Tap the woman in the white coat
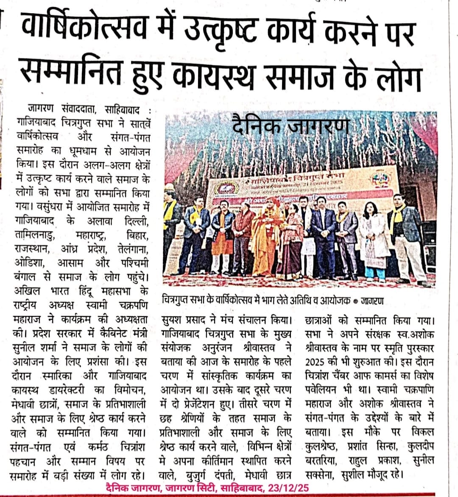375,240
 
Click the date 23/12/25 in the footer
287,488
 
